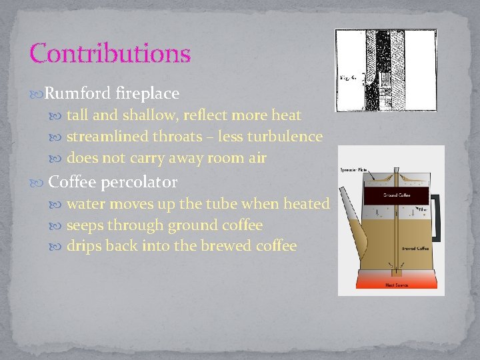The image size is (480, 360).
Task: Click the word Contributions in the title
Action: click(110, 53)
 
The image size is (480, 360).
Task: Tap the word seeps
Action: click(89, 225)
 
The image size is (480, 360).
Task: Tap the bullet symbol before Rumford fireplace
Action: click(36, 93)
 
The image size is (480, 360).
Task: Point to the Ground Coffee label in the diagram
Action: click(395, 195)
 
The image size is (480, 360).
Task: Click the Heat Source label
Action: click(395, 285)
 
